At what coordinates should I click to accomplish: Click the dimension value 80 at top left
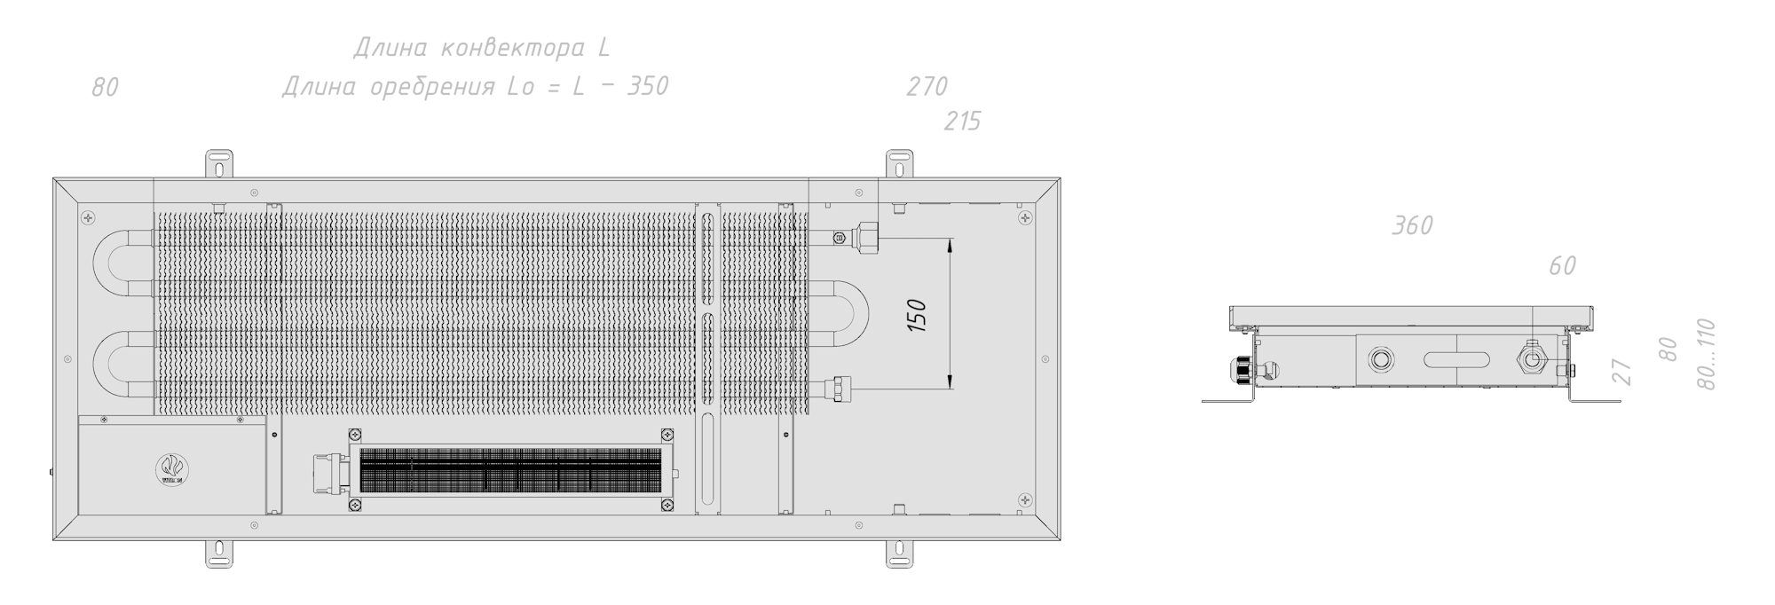coord(105,87)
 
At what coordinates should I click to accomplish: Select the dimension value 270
coord(927,86)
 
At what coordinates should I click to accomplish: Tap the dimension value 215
coord(962,122)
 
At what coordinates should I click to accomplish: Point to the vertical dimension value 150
coord(919,316)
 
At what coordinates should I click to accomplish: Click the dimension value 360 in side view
coord(1411,225)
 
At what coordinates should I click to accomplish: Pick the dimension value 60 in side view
coord(1562,265)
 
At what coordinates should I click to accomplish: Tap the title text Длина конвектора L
coord(481,48)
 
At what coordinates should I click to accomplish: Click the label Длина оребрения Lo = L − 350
coord(475,87)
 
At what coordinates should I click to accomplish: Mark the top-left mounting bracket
coord(220,164)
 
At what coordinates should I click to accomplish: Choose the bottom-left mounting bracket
coord(219,553)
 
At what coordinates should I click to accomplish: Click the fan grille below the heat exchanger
coord(510,469)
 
